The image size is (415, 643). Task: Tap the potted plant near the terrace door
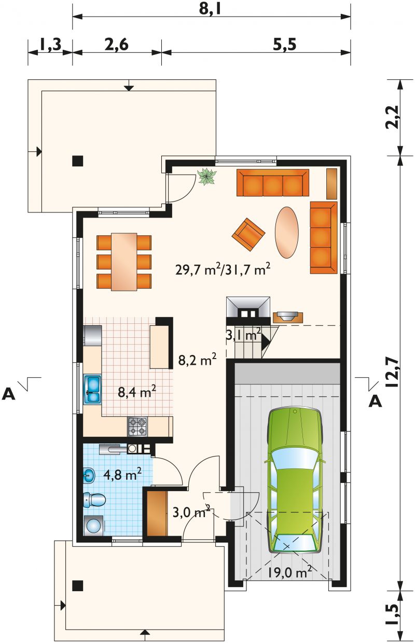coord(206,176)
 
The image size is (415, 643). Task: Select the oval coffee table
coord(286,233)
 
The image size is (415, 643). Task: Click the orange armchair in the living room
coord(248,233)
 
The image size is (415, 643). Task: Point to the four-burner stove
coord(137,427)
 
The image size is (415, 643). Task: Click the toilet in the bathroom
coord(94,501)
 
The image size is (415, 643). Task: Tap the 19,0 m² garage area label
coord(289,571)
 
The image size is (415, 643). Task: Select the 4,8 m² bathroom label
coord(122,474)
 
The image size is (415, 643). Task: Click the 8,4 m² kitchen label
coord(137,391)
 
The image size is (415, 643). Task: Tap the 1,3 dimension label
coord(50,45)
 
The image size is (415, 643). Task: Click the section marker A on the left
coord(8,394)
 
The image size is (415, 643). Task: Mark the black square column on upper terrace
coord(78,161)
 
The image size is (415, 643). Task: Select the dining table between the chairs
coord(124,262)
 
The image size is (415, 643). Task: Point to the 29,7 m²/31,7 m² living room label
coord(223,269)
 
